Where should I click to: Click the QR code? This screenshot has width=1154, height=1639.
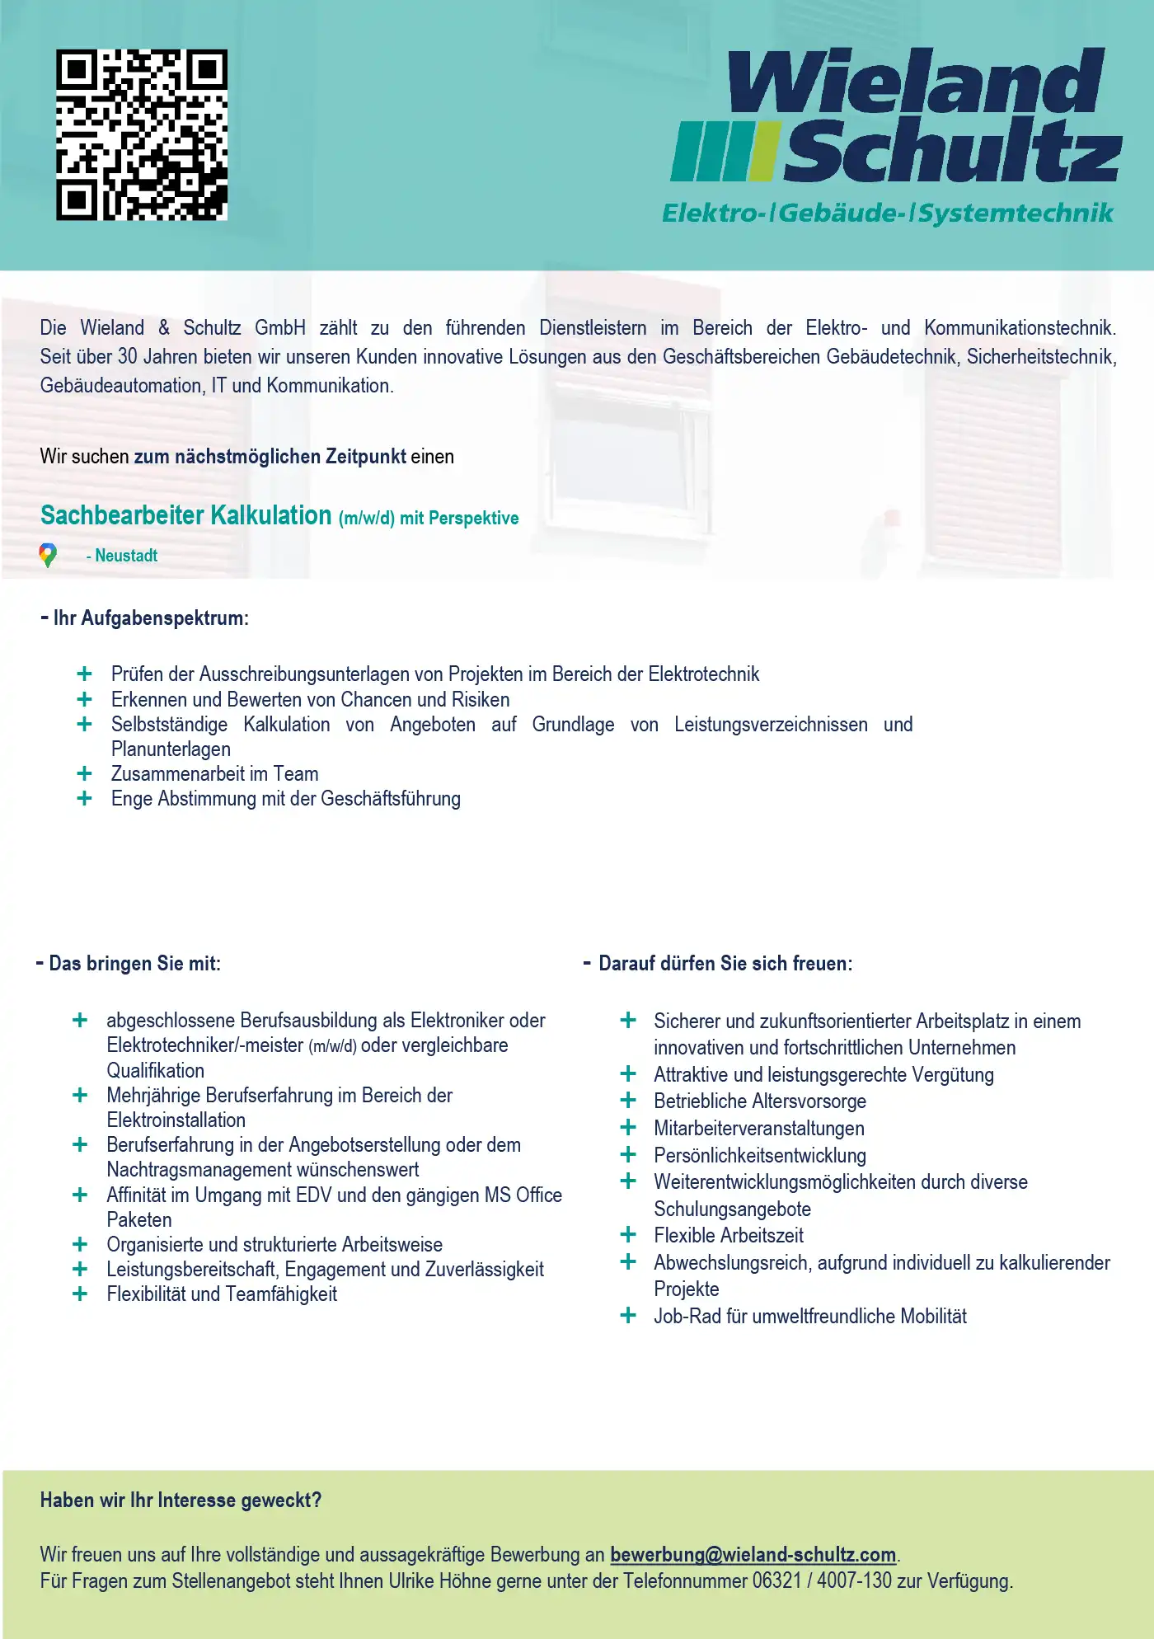click(x=142, y=135)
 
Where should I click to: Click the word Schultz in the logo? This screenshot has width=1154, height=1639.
click(x=952, y=151)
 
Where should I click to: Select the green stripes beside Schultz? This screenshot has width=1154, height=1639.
click(x=724, y=152)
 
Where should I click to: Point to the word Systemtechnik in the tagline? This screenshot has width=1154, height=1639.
click(x=1016, y=214)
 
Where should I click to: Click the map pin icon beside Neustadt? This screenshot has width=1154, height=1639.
click(x=48, y=555)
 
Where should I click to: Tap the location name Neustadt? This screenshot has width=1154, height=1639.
click(x=126, y=556)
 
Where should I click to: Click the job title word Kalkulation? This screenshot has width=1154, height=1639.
click(x=270, y=515)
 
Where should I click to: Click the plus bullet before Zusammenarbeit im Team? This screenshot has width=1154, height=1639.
click(x=84, y=773)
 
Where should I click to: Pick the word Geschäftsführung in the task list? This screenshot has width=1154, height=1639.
click(x=391, y=799)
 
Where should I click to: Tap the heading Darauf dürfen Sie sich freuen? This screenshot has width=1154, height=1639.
click(x=725, y=964)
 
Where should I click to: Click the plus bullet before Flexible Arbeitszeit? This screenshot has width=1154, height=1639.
click(x=628, y=1234)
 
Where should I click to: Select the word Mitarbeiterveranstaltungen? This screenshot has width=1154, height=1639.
click(x=759, y=1128)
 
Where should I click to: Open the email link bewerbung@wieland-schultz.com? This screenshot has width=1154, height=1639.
click(x=753, y=1555)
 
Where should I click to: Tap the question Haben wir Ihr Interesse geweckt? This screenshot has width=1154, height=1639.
click(x=181, y=1500)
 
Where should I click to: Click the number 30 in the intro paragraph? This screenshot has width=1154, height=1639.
click(x=128, y=357)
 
